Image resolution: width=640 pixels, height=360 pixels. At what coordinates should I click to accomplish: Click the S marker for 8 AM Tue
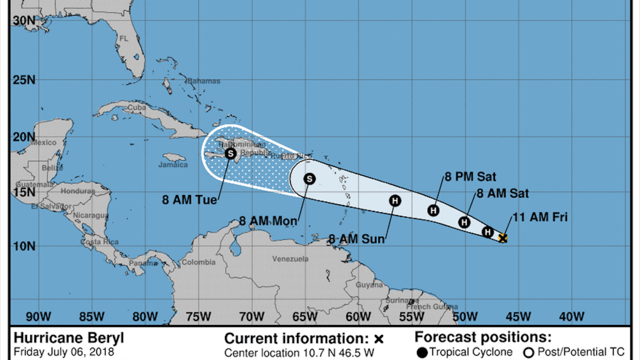(230, 153)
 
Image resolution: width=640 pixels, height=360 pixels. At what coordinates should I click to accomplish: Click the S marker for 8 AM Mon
(309, 178)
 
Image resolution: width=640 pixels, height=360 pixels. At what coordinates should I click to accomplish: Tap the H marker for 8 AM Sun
(395, 201)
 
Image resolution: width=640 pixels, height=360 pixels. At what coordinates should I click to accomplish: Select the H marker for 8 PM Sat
(433, 210)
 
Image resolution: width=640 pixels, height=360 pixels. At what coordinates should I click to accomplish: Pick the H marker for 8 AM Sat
(464, 222)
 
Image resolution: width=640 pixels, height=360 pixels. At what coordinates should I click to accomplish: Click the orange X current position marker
(503, 238)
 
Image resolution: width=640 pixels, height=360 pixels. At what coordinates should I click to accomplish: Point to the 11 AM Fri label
(539, 217)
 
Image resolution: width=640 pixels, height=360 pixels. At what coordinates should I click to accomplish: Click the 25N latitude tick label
(24, 80)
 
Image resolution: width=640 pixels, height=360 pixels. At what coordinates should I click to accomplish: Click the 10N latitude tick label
(24, 246)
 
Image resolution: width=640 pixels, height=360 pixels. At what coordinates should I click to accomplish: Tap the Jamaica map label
(173, 164)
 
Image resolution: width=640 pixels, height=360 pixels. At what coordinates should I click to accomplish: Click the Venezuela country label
(290, 259)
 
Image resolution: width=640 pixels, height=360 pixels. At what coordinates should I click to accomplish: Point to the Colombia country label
(198, 262)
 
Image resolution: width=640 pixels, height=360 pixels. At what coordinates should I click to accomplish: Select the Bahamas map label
(204, 81)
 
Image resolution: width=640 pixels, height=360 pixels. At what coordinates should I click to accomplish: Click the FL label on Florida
(124, 38)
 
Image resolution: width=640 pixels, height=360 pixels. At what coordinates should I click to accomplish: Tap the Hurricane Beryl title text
(68, 337)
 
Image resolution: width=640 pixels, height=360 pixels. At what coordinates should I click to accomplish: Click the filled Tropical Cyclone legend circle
(421, 353)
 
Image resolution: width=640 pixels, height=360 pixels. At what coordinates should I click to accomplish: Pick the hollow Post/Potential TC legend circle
(529, 353)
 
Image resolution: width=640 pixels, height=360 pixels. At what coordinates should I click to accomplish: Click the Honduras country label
(77, 191)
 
